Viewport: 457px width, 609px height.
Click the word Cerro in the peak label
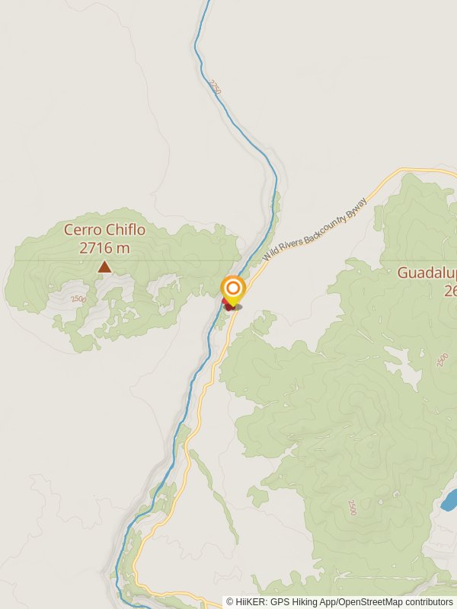click(x=83, y=229)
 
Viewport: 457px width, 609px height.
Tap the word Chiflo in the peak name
click(x=125, y=229)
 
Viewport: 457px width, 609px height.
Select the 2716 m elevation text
click(x=104, y=247)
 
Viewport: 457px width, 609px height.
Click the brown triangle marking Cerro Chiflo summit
click(x=104, y=266)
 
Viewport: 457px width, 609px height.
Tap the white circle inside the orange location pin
click(x=232, y=289)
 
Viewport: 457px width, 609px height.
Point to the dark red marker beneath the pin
click(x=228, y=306)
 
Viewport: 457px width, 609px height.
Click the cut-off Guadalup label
click(x=427, y=272)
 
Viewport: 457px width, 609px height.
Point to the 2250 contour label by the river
click(x=215, y=88)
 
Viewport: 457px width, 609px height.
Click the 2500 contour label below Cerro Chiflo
click(x=78, y=298)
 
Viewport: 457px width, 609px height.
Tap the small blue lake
click(x=449, y=499)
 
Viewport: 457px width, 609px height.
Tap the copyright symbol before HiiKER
click(x=230, y=601)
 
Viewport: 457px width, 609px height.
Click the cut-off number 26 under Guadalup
click(x=449, y=290)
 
